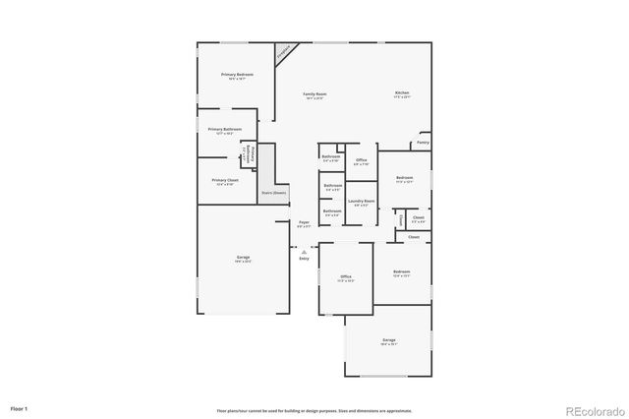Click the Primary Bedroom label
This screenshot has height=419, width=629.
click(x=237, y=75)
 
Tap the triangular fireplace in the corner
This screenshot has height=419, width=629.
click(x=285, y=52)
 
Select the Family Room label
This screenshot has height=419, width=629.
click(x=314, y=93)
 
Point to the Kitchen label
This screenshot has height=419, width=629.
click(x=402, y=93)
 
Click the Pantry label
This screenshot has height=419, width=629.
click(x=422, y=143)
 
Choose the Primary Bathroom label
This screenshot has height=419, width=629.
click(x=225, y=129)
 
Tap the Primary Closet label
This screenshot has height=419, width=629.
click(x=225, y=180)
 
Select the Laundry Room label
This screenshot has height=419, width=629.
click(x=361, y=201)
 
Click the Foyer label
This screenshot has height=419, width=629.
click(x=304, y=222)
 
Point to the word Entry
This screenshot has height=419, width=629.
click(x=304, y=258)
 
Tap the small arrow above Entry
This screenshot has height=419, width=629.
click(x=304, y=250)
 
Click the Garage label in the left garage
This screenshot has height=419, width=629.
click(x=243, y=258)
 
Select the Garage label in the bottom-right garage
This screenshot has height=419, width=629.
click(x=388, y=340)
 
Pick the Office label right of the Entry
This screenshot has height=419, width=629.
click(x=346, y=277)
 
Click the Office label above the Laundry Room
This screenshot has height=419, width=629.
click(x=361, y=159)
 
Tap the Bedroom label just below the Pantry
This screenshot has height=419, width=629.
click(x=404, y=177)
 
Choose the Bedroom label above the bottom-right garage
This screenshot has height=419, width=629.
click(x=400, y=271)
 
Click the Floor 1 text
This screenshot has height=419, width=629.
click(x=20, y=407)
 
